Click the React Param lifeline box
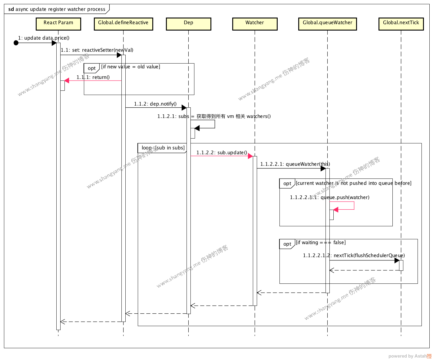click(58, 24)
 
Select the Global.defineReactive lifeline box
click(123, 24)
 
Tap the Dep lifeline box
click(188, 24)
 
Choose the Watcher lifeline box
click(255, 24)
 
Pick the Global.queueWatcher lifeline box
click(327, 24)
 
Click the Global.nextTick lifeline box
click(401, 24)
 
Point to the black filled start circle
click(16, 43)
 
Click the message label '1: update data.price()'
click(44, 38)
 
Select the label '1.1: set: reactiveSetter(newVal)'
click(97, 50)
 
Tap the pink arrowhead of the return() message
click(67, 80)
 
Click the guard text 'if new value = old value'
click(131, 67)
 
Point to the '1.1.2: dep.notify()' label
click(155, 104)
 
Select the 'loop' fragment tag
click(147, 148)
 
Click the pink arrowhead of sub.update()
click(250, 156)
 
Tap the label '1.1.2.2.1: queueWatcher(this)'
click(295, 164)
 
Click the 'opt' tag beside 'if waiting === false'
click(287, 244)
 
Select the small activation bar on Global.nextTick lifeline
click(401, 265)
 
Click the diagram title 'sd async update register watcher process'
click(57, 9)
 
